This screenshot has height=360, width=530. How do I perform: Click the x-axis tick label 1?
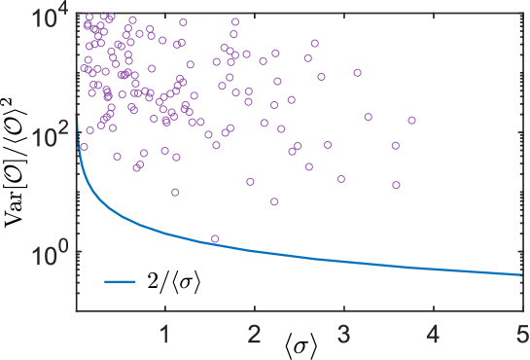tap(165, 337)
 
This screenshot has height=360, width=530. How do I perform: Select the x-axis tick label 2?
tap(255, 337)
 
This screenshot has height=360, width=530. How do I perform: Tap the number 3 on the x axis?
tap(343, 337)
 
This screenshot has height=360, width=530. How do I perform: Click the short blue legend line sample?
tap(121, 282)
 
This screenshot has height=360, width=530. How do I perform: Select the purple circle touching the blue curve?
tap(215, 238)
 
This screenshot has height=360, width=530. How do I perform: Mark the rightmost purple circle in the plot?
tap(411, 120)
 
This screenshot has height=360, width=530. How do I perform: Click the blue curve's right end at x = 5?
tap(520, 274)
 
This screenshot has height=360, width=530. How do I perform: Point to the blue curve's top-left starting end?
tap(78, 119)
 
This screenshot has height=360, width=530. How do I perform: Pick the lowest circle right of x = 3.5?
tap(396, 185)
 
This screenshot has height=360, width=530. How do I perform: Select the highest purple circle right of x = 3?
tap(357, 72)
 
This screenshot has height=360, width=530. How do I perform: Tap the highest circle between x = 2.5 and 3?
tap(314, 43)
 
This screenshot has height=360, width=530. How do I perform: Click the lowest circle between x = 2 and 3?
tap(274, 201)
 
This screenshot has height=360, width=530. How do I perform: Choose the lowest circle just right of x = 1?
tap(175, 192)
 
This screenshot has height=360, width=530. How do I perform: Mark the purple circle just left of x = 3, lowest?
tap(340, 179)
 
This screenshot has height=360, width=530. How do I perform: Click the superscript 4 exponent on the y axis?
tap(65, 11)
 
